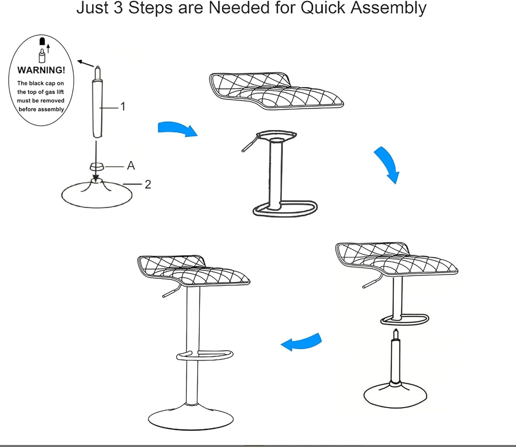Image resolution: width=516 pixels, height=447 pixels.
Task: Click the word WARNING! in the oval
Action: pos(41,70)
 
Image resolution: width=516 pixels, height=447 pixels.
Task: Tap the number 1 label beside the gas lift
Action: pos(122,107)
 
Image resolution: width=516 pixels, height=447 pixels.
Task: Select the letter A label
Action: pos(131,166)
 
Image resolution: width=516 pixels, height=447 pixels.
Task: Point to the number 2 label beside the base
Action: pos(148,185)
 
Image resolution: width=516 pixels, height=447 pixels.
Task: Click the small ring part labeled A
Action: pos(97,166)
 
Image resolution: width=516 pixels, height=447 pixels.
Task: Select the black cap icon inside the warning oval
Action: pos(42,41)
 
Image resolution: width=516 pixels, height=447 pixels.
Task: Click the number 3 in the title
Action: pos(118,8)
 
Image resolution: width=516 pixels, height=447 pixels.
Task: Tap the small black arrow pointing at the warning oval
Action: pos(85,64)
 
